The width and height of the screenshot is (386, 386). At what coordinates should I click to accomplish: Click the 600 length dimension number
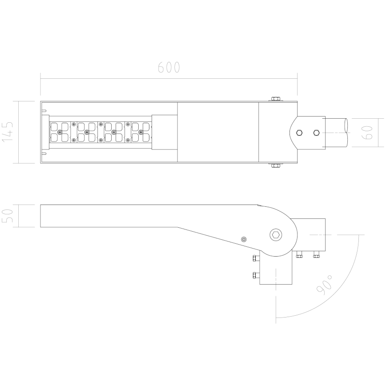click(x=169, y=68)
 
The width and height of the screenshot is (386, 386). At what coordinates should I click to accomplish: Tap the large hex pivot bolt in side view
click(x=276, y=235)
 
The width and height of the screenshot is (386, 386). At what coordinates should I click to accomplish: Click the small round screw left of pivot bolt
click(x=243, y=239)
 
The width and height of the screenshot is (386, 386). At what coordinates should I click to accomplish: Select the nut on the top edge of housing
click(x=275, y=99)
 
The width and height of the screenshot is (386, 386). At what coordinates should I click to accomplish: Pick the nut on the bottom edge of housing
click(x=275, y=166)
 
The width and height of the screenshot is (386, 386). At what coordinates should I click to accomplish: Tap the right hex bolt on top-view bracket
click(x=316, y=133)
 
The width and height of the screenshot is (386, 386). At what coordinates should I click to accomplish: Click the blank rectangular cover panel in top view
click(x=218, y=133)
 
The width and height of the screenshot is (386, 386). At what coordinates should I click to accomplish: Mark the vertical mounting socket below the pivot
click(x=276, y=271)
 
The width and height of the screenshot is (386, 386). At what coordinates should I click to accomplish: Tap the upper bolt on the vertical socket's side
click(x=255, y=258)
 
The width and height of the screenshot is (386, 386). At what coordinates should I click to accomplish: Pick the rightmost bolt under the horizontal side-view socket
click(x=317, y=255)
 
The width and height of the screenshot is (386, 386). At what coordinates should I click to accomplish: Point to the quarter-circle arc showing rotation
click(x=338, y=294)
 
